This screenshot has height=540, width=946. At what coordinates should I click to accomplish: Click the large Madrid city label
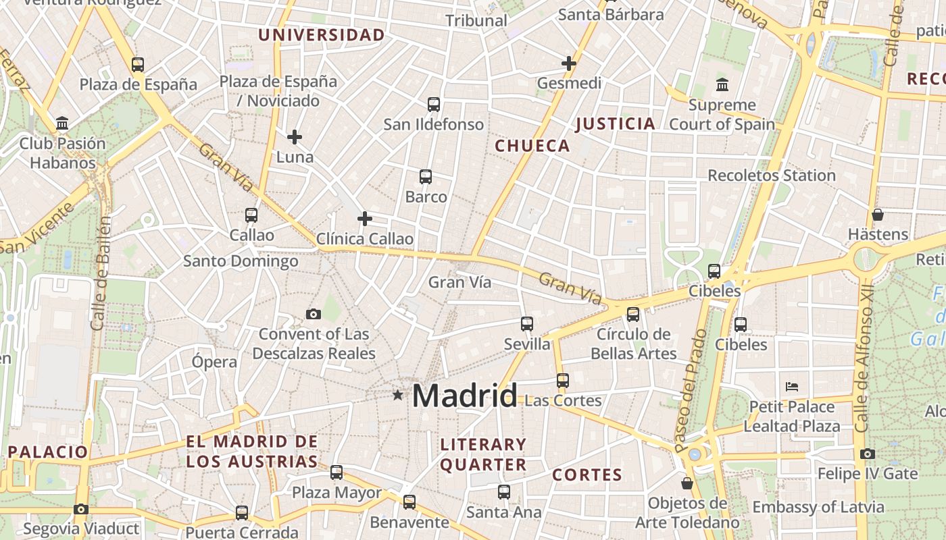coord(464,396)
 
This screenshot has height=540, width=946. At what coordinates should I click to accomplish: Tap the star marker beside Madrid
coord(398,395)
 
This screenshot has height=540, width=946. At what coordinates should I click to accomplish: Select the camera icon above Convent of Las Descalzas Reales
coord(313,314)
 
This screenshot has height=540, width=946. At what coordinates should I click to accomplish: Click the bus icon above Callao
coord(251,215)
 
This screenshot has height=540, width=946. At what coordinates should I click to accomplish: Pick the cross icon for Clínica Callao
coord(365,219)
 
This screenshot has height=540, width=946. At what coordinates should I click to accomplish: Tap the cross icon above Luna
coord(295,137)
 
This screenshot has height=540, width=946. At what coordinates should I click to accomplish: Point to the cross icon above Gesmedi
coord(569,63)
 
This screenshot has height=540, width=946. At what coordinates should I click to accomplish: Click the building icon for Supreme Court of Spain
coord(722,85)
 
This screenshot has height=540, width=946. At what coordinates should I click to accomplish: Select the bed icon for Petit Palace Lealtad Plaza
coord(792,387)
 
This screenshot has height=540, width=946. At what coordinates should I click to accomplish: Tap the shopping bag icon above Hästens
coord(878,215)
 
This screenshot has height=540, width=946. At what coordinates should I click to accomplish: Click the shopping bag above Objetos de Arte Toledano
coord(687,483)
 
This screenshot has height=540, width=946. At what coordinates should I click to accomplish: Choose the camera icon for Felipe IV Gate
coord(868,454)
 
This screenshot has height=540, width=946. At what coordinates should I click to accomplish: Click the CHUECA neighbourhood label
coord(532,146)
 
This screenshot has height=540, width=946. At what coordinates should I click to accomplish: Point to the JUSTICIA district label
coord(615,124)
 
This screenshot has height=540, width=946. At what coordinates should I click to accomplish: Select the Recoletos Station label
coord(771,175)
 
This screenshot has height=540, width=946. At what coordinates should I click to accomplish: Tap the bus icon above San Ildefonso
coord(434,105)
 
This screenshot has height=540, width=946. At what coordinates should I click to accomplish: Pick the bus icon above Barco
coord(426,177)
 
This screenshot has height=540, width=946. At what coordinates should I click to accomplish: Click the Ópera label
coord(214,361)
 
